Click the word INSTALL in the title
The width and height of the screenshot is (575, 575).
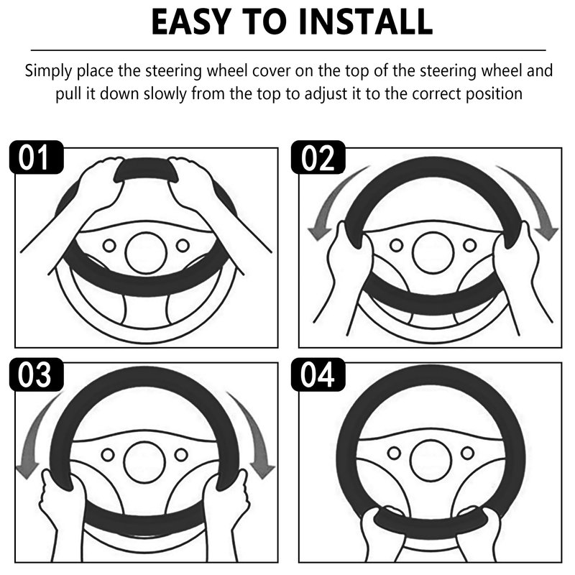(x=366, y=22)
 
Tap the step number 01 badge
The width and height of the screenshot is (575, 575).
(x=37, y=157)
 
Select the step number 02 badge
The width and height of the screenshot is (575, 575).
(x=318, y=157)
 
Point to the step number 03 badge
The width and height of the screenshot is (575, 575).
(x=37, y=374)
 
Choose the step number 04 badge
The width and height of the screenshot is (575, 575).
(x=318, y=374)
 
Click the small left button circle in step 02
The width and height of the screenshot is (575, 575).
(x=397, y=245)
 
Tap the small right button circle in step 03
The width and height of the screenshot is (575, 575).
(x=181, y=455)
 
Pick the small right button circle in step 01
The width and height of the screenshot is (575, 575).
(x=183, y=246)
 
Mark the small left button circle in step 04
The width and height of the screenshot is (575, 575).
(x=394, y=453)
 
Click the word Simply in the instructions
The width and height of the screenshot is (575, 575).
(x=49, y=70)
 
